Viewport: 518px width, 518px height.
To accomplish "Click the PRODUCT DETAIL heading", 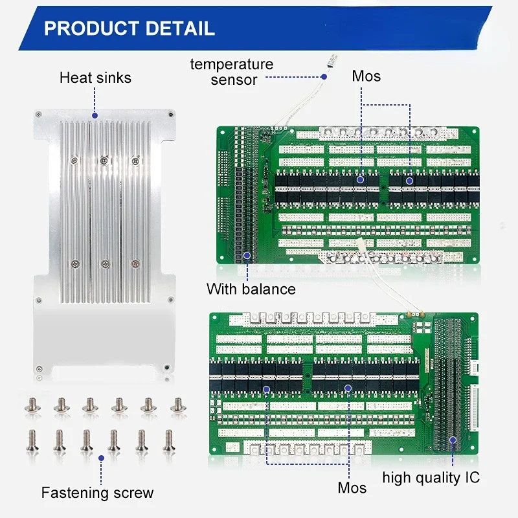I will coord(129,28).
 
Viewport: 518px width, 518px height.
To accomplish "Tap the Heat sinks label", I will coord(95,78).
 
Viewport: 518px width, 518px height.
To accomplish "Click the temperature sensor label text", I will coord(231,72).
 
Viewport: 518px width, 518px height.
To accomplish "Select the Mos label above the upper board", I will coord(366,76).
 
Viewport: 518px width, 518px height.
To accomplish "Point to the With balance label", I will coord(251,289).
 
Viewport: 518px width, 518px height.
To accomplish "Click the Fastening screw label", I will coord(97,493).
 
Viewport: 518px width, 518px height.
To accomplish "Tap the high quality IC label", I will coord(431,478).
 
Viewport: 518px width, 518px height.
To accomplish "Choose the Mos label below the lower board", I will coord(352,488).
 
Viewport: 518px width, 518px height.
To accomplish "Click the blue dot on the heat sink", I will coord(95,116).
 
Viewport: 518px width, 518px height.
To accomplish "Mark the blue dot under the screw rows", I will coord(101,457).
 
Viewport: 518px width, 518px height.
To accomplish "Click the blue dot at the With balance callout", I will coord(247,255).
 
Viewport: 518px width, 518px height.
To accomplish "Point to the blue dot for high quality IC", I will coord(453,439).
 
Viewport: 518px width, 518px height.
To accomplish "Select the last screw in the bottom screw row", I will coord(169,440).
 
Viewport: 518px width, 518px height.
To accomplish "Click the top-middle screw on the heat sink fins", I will coord(103,159).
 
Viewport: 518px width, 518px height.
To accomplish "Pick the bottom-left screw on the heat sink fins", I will coord(74,263).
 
